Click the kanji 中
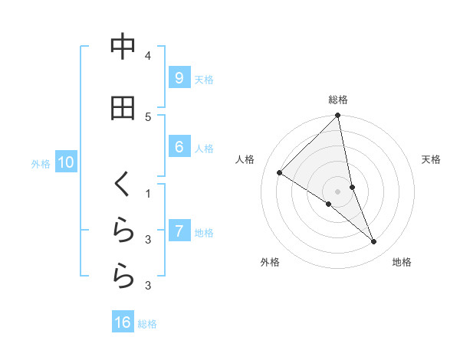(123, 47)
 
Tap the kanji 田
(123, 109)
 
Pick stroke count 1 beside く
(148, 193)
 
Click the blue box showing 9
(179, 78)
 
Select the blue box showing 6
(179, 147)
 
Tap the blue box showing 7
(179, 231)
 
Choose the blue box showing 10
(66, 162)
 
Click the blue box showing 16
(123, 322)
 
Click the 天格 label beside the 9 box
(204, 79)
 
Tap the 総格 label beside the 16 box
(147, 323)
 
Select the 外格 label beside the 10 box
(41, 163)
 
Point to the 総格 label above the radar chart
(338, 100)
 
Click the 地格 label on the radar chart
(402, 262)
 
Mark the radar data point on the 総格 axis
(338, 116)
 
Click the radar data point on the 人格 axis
(280, 173)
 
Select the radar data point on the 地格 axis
(374, 242)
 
